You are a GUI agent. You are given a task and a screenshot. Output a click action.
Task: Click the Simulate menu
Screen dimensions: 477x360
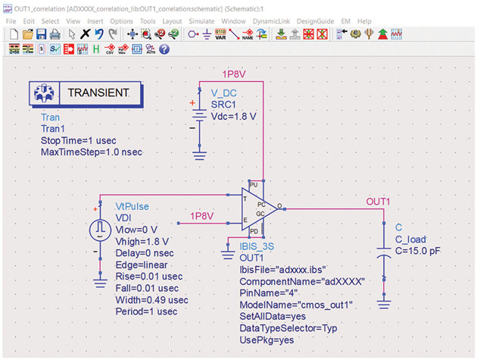[x=201, y=21]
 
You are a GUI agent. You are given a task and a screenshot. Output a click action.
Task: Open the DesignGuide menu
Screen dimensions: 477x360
[x=315, y=21]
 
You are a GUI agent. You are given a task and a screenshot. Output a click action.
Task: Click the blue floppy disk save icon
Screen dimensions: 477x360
[x=41, y=34]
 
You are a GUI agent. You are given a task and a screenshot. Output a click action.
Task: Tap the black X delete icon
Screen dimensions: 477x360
[x=85, y=33]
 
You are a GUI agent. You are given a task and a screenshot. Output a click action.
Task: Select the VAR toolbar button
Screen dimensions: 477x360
[x=220, y=34]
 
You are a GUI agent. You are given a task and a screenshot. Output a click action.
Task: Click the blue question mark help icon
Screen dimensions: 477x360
[x=164, y=49]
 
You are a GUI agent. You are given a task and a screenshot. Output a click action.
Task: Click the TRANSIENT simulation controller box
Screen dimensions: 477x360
[x=86, y=93]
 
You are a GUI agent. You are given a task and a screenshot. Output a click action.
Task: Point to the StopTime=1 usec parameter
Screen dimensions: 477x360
[x=79, y=140]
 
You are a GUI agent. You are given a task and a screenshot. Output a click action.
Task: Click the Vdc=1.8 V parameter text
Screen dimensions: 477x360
[x=233, y=117]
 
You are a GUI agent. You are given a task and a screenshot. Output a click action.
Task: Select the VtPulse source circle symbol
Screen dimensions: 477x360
[x=100, y=230]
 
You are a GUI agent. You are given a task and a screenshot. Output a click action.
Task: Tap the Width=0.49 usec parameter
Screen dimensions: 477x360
[x=151, y=300]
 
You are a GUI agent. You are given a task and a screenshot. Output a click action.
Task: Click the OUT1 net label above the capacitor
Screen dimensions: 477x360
[x=378, y=202]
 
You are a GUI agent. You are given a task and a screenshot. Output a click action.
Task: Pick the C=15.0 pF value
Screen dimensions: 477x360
[x=417, y=251]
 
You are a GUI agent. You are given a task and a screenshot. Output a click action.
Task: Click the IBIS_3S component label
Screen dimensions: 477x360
[x=257, y=246]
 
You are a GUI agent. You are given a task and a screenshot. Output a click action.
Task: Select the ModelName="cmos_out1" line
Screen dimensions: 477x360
[x=296, y=305]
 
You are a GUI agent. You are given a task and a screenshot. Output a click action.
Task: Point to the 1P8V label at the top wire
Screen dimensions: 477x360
[x=234, y=74]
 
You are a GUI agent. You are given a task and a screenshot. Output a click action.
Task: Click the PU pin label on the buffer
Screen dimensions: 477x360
[x=254, y=185]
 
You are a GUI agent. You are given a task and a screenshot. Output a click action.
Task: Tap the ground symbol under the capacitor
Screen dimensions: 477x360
[x=384, y=304]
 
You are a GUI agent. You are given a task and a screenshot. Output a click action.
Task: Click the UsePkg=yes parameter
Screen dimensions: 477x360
[x=267, y=340]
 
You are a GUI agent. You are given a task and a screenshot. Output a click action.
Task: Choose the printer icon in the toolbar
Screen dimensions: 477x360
[x=55, y=34]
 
